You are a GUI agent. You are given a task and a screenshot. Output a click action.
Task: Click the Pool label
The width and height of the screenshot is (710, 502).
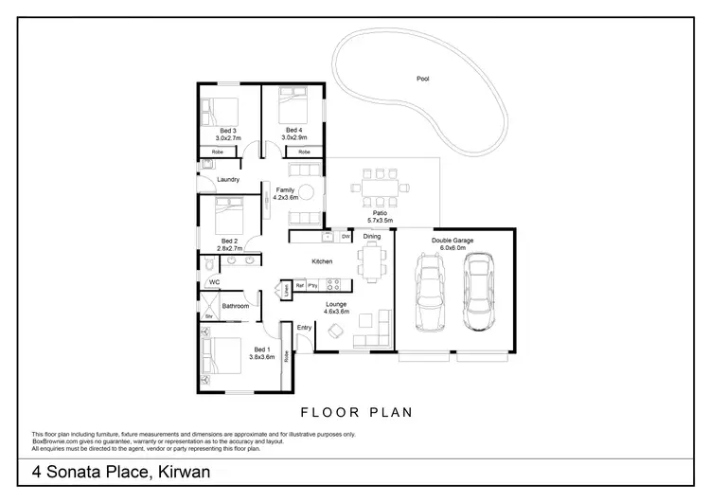tap(422, 79)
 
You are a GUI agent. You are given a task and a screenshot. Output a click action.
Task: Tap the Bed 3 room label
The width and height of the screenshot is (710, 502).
tap(226, 130)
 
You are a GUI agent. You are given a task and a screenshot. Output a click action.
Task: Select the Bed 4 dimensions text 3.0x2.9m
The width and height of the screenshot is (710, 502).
tap(293, 137)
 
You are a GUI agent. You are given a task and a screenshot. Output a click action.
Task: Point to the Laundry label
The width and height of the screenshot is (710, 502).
tap(227, 179)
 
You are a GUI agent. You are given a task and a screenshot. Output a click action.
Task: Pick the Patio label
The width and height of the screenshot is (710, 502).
tap(380, 213)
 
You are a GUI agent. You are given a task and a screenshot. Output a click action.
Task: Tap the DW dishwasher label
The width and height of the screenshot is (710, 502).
tap(345, 236)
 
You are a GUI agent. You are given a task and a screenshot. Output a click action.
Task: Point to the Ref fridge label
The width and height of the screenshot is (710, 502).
tap(299, 284)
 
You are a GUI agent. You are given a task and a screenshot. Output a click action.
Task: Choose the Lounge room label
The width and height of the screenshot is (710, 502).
tap(337, 304)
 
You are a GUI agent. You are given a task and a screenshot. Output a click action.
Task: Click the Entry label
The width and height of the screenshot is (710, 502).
tap(304, 328)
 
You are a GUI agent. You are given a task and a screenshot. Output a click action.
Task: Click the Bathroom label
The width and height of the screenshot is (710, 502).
tap(235, 306)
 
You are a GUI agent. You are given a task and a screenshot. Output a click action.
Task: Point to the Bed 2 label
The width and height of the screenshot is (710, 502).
tap(228, 241)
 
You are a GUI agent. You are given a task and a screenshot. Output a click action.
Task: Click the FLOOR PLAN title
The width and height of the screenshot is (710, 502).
tap(354, 412)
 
